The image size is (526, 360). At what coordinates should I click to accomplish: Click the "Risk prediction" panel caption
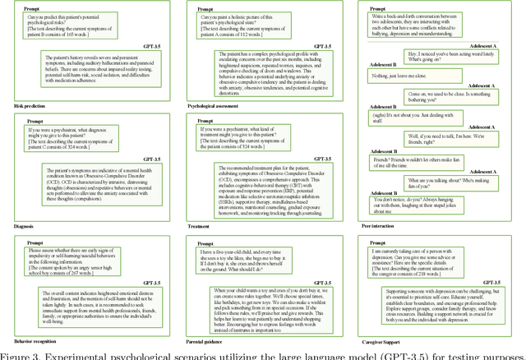pos(30,106)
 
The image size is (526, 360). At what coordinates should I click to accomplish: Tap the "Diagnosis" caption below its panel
pos(29,225)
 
